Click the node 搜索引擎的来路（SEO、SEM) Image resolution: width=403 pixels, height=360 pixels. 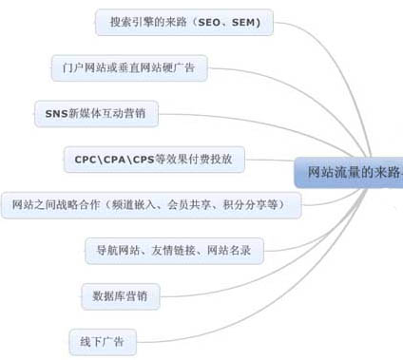184,21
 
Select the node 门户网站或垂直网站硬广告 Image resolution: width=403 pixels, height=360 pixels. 128,67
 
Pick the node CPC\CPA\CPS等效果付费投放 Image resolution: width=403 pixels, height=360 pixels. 153,159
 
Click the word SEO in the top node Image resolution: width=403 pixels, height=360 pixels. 211,21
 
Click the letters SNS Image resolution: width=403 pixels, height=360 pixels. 56,113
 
